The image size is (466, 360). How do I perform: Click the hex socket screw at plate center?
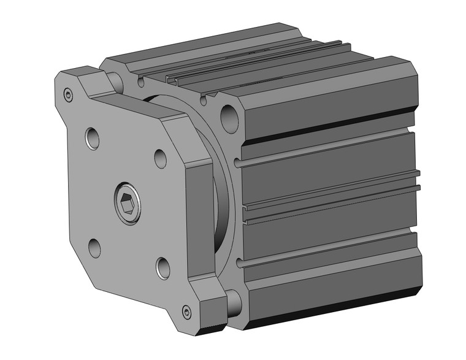[x=128, y=199]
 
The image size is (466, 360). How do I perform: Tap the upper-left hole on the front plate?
[x=92, y=138]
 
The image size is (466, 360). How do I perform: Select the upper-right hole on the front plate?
[x=161, y=158]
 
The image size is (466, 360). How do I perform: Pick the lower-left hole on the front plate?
[x=94, y=247]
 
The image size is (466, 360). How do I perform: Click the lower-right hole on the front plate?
[x=163, y=267]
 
